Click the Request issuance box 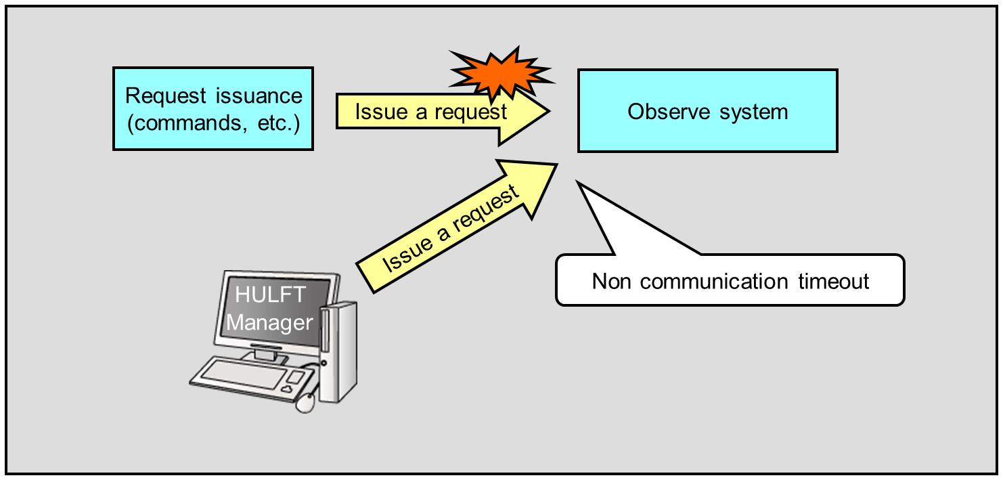click(x=213, y=108)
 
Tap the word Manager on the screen click(x=269, y=323)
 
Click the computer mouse click(x=306, y=402)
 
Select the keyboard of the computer click(x=244, y=376)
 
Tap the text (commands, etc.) click(x=213, y=124)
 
